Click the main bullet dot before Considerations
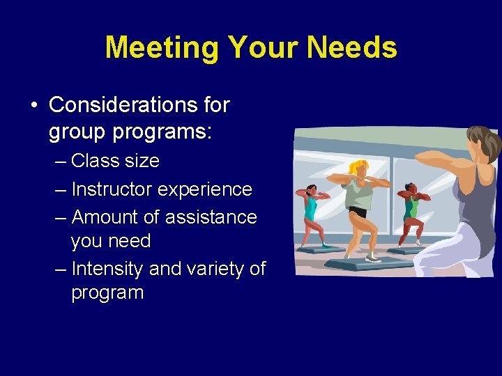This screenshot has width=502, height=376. [x=33, y=105]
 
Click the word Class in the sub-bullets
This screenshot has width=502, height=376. [x=94, y=160]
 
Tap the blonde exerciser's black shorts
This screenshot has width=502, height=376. [x=358, y=212]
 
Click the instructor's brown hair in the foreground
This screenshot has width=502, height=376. [x=483, y=142]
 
